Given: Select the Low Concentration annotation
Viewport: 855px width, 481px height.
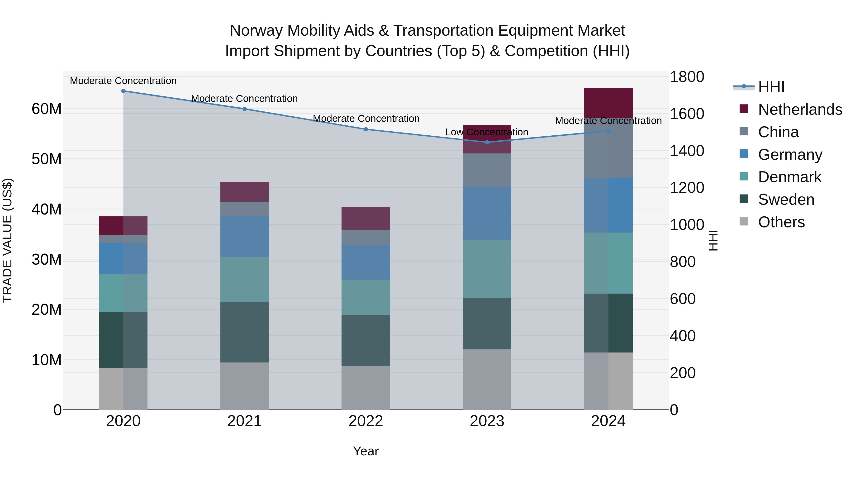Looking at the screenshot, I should coord(487,132).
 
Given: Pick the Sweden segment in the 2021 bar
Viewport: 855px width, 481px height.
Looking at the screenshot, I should coord(244,332).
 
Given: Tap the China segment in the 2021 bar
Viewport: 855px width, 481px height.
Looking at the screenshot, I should coord(244,209).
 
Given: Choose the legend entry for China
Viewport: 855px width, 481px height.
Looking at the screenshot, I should coord(778,132).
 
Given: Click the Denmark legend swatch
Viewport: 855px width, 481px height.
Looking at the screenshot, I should coord(744,176).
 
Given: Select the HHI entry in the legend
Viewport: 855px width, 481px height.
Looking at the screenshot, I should coord(771,87).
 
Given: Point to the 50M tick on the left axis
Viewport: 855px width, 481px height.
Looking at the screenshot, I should coord(47,159).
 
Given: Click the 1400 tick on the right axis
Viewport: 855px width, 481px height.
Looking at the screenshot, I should coord(686,151).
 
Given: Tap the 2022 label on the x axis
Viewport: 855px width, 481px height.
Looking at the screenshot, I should coord(366,421).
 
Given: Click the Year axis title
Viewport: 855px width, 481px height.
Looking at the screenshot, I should coord(366,451).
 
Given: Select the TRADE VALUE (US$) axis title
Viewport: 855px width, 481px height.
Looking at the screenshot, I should coord(7,240).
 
